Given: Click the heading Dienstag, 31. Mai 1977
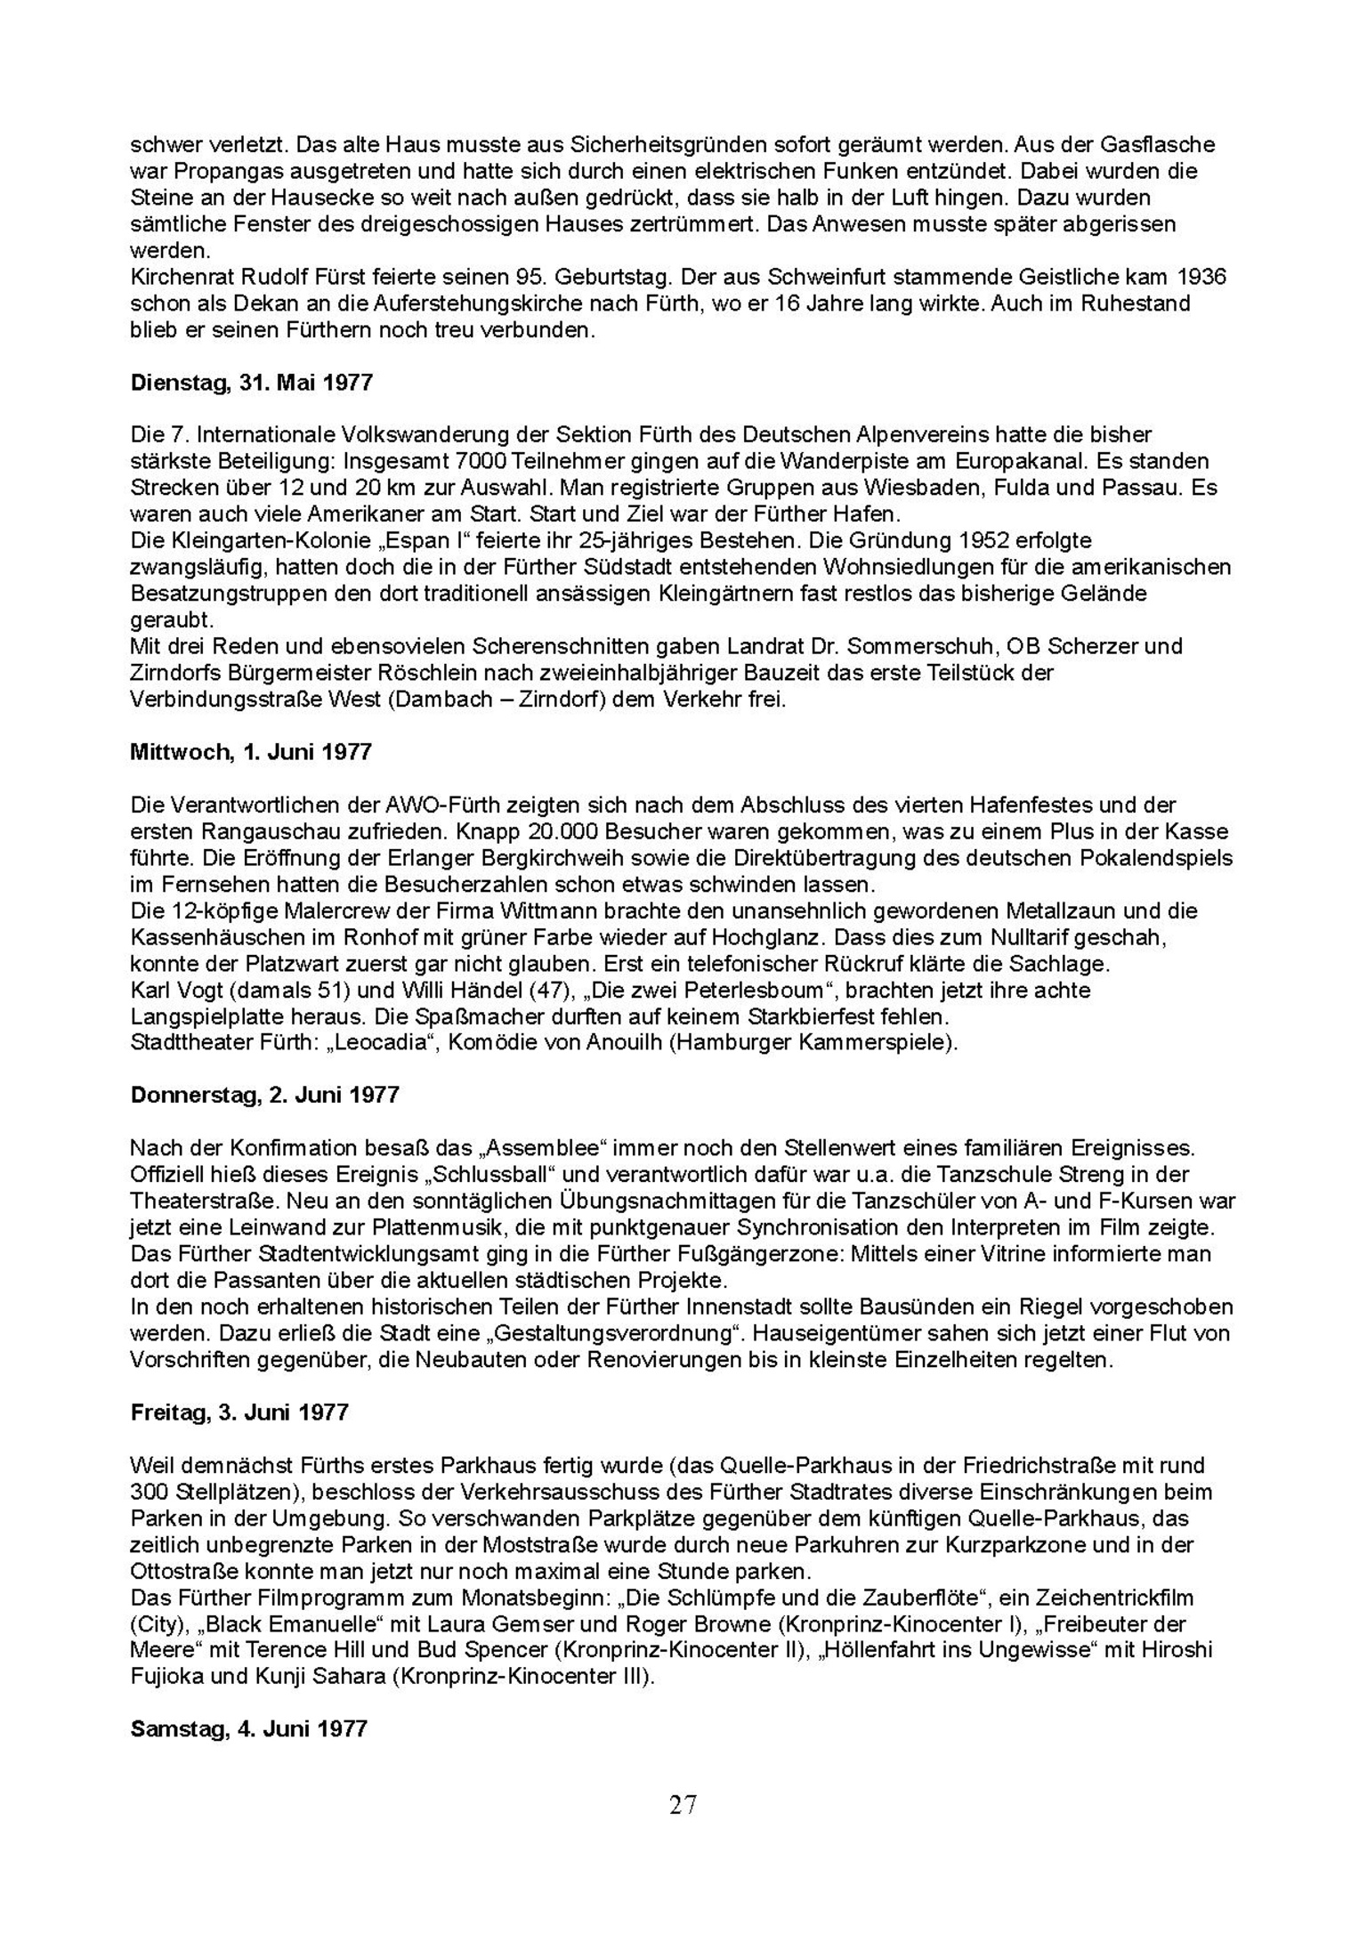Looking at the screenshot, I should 251,384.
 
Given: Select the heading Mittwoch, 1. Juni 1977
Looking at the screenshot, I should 250,752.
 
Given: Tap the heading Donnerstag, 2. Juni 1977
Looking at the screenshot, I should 264,1095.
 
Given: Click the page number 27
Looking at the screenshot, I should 683,1805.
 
